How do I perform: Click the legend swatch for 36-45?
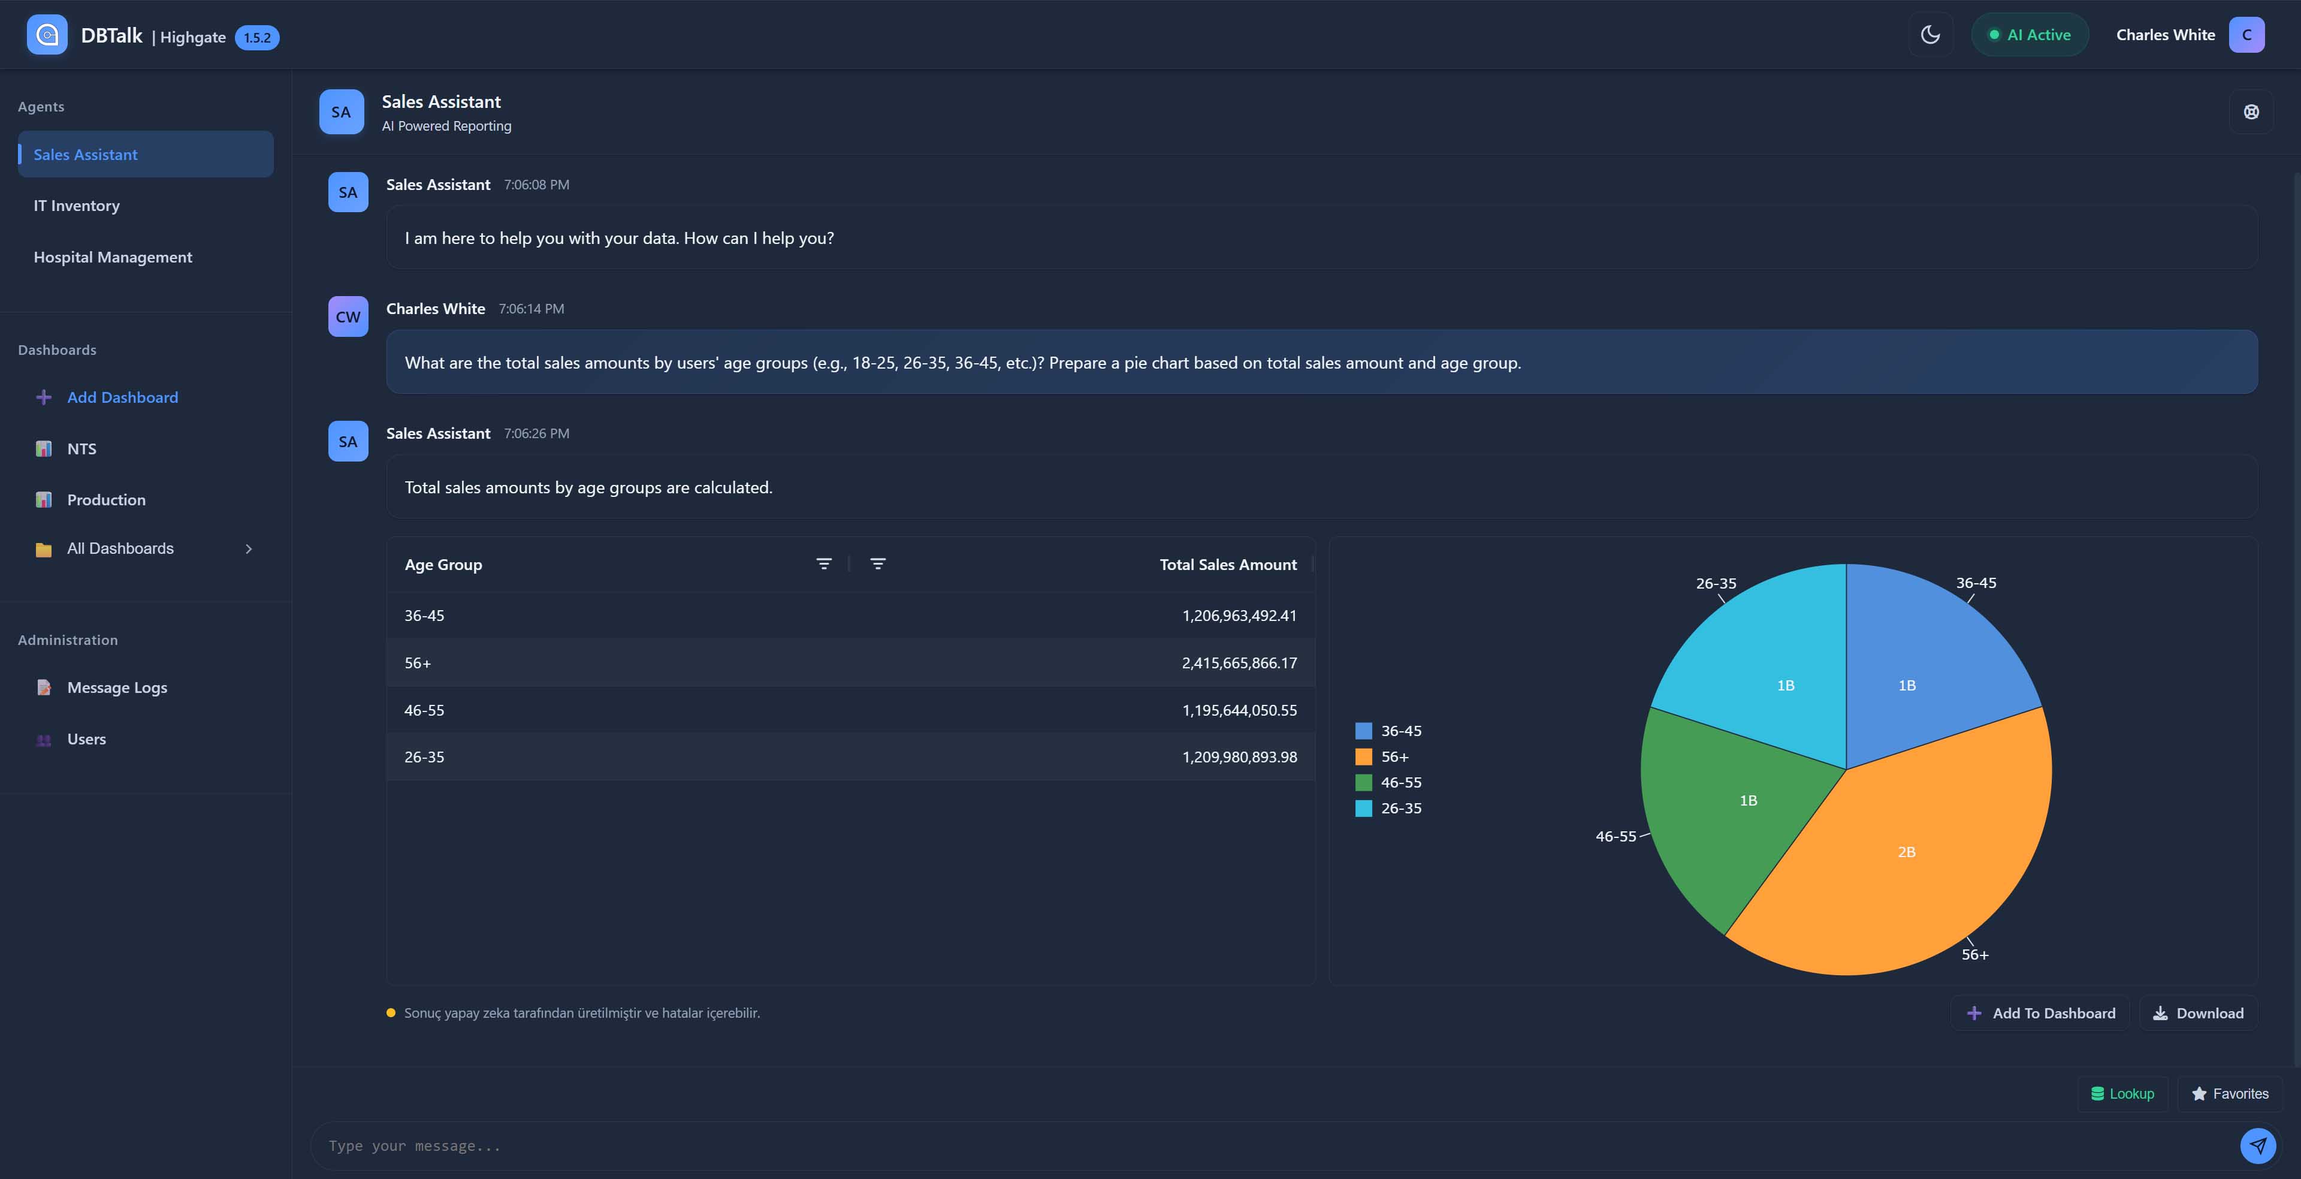point(1363,731)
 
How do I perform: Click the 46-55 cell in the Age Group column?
point(424,710)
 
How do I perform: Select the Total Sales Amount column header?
point(1227,565)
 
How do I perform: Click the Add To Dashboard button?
point(2040,1013)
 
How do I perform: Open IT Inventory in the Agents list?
point(77,206)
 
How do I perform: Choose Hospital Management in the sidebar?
point(113,257)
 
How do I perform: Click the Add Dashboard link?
point(122,397)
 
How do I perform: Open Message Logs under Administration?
point(117,688)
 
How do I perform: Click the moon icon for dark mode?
point(1930,35)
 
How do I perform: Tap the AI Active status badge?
point(2030,35)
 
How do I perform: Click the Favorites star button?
point(2230,1093)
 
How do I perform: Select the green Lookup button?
point(2122,1093)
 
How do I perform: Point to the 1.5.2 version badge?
point(257,38)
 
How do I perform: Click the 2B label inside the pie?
point(1906,852)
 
